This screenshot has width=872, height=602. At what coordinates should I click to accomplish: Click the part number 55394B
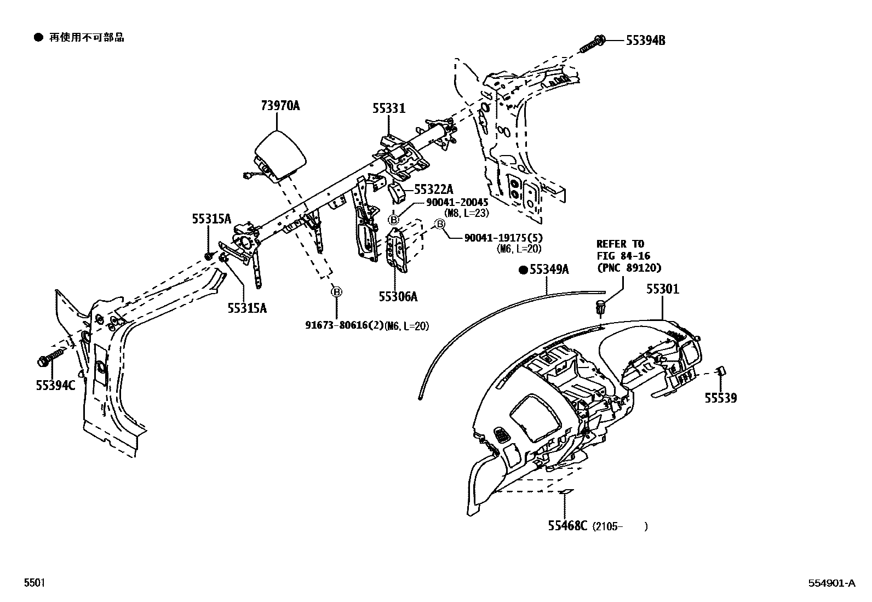646,41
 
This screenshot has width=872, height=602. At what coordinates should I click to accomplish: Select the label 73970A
280,106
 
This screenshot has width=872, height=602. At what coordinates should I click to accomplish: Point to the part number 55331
389,108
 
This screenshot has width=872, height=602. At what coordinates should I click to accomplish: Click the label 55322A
433,190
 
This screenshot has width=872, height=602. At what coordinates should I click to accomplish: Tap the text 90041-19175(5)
502,238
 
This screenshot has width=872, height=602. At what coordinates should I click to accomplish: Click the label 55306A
398,296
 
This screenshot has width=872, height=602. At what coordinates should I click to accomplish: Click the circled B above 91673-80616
336,292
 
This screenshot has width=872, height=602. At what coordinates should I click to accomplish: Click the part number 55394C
55,385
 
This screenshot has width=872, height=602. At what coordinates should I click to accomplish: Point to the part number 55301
662,289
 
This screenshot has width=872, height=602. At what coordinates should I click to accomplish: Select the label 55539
720,398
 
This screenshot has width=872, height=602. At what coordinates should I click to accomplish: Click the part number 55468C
567,526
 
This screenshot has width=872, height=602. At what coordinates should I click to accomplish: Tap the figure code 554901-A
831,583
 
